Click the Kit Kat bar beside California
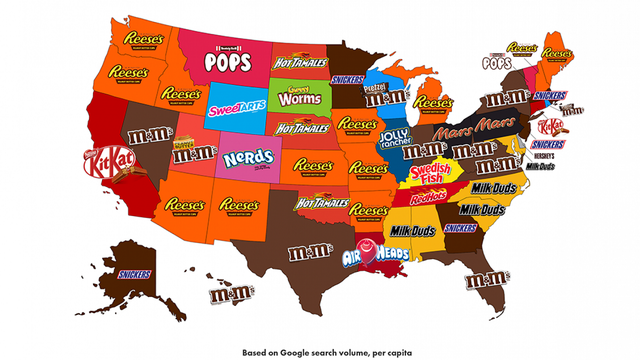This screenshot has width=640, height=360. (102, 162)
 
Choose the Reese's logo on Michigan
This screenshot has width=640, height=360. (434, 103)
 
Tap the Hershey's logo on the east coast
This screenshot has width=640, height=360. (542, 156)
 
